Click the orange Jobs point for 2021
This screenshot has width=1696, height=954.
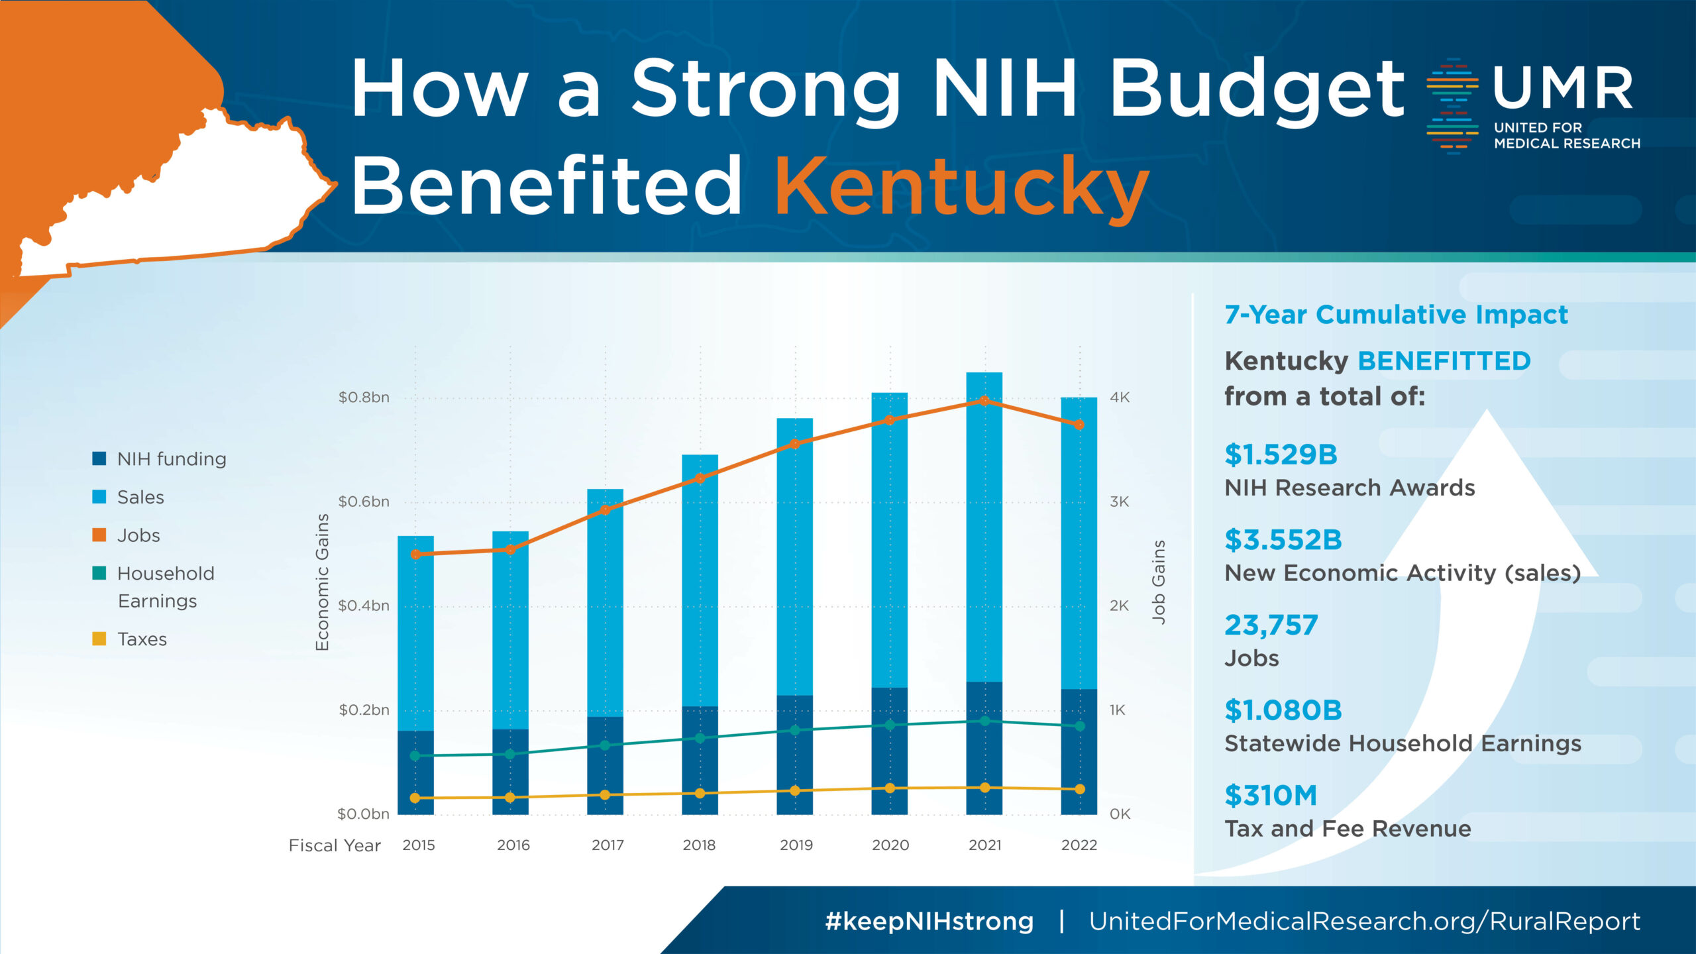coord(984,401)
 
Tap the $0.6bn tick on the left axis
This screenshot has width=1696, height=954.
coord(364,502)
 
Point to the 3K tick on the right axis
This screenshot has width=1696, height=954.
coord(1119,502)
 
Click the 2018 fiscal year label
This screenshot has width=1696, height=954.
coord(699,845)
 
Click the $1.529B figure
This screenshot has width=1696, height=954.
coord(1281,454)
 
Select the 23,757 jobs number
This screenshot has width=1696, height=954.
coord(1271,625)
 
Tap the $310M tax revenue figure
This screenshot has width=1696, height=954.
coord(1271,795)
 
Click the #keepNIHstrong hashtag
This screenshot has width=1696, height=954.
coord(929,921)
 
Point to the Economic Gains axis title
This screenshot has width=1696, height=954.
coord(323,582)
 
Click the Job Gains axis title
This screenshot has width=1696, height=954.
coord(1158,582)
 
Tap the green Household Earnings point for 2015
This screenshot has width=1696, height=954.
coord(415,756)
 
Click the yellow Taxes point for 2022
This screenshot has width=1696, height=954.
coord(1080,789)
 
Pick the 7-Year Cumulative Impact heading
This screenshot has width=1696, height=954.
coord(1396,315)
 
